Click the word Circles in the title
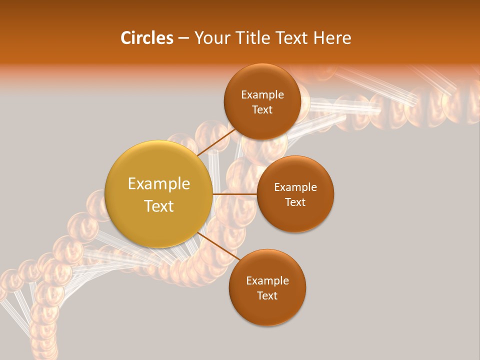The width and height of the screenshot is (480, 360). click(146, 38)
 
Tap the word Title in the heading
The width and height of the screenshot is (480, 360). click(252, 38)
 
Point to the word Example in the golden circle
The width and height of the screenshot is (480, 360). click(159, 184)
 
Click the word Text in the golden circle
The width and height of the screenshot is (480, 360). click(159, 206)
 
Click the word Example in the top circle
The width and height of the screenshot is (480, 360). click(262, 95)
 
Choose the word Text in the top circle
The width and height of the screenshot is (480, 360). click(262, 110)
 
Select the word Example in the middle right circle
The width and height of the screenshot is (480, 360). click(295, 187)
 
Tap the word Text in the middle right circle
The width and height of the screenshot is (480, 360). click(295, 202)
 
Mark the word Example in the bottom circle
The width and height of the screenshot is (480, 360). click(267, 281)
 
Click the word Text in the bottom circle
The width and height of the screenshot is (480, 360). click(267, 296)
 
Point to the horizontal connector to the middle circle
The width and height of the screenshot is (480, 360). click(234, 194)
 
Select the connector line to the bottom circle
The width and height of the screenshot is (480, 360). click(218, 246)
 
